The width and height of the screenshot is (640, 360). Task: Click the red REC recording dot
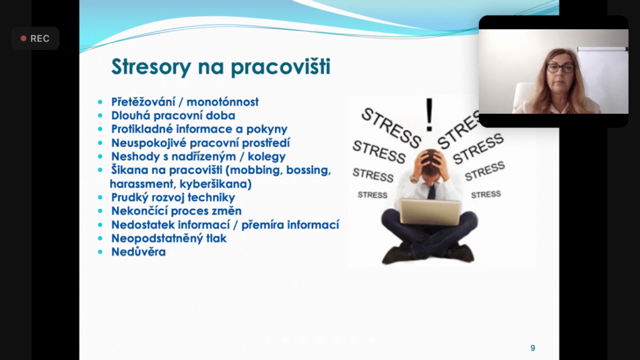tap(24, 38)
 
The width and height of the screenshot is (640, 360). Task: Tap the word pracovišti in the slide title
tap(281, 67)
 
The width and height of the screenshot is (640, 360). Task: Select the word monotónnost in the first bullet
tap(222, 102)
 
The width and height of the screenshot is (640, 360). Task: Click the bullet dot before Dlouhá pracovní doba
tap(101, 116)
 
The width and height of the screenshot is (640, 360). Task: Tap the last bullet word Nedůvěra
tap(138, 252)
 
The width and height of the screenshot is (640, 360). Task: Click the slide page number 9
tap(532, 348)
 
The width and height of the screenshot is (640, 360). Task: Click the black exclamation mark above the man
tap(429, 115)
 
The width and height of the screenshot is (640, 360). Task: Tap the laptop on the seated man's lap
tap(431, 212)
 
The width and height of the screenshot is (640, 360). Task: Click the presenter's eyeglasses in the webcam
tap(560, 67)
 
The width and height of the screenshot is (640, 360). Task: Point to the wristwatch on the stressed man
tap(414, 179)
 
